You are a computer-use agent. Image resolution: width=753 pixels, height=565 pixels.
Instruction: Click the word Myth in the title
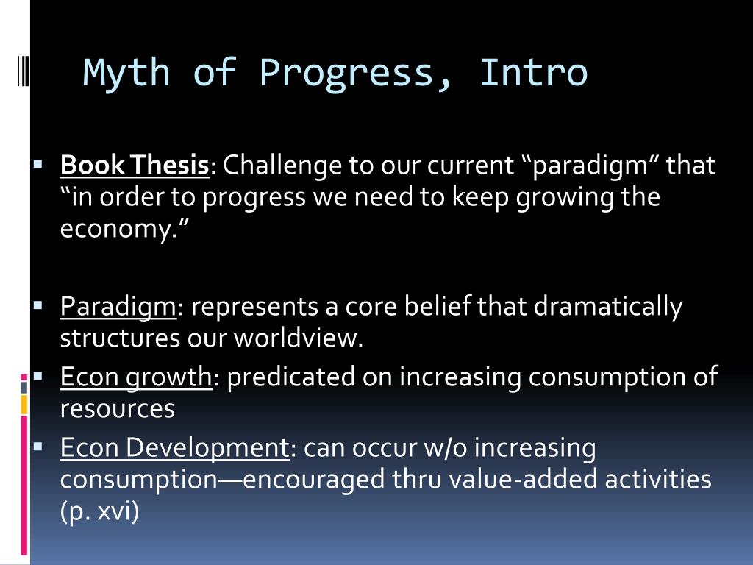126,73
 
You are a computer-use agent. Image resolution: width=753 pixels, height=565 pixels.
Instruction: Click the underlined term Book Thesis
135,166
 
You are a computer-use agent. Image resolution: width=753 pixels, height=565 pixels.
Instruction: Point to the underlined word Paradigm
118,307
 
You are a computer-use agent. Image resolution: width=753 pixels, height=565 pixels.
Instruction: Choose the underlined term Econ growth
136,377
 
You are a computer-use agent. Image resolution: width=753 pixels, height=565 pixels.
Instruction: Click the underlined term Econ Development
175,449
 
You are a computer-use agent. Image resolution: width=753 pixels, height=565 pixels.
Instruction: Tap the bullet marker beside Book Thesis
38,164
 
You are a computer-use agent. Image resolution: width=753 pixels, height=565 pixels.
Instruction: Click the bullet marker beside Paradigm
38,305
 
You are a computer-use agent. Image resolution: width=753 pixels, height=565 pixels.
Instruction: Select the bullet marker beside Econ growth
38,376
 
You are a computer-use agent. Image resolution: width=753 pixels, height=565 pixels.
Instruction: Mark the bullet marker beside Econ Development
38,447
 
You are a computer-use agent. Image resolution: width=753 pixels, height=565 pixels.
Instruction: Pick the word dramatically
608,307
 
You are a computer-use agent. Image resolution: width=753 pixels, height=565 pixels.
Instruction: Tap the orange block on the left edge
24,405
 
